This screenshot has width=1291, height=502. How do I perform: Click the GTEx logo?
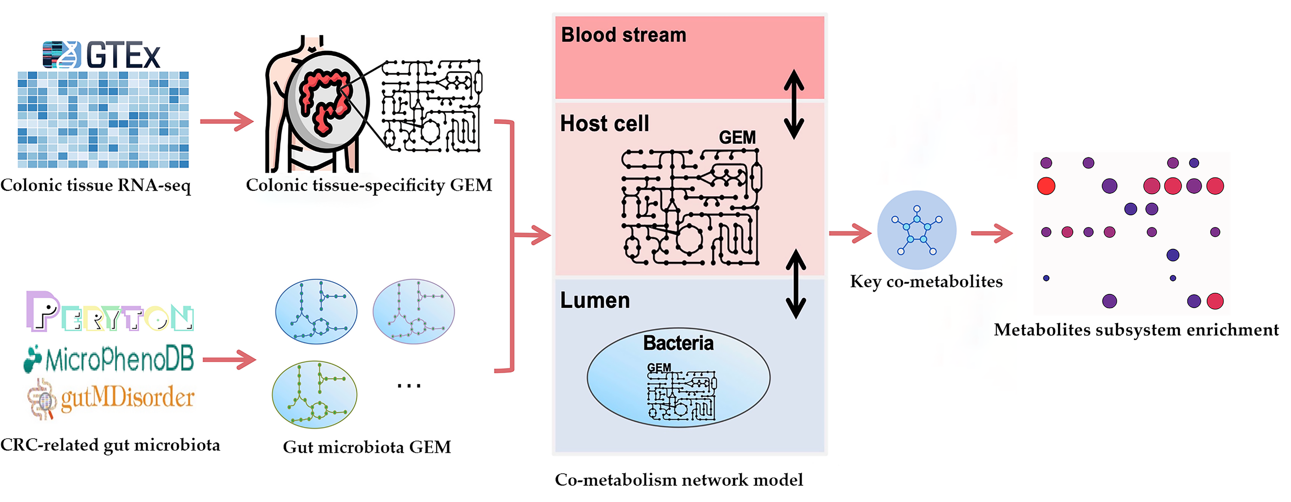coord(102,55)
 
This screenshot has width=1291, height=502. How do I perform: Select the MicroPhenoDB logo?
coord(109,359)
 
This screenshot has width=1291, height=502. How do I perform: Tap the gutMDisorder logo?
coord(111,398)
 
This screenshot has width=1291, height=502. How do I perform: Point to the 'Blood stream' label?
coord(623,35)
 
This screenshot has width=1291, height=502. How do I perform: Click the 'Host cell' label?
coord(604,123)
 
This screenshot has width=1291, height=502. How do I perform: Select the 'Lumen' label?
coord(595,300)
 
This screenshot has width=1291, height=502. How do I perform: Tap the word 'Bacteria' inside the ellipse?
coord(678,343)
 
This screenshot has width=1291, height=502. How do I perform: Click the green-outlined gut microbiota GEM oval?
coord(314,394)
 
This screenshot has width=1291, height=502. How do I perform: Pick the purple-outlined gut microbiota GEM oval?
coord(414,312)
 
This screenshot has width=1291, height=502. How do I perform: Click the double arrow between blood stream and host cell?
coord(794,104)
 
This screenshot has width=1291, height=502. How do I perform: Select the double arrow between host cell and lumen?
coord(795,284)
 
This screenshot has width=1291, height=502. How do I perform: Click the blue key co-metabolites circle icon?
coord(917,230)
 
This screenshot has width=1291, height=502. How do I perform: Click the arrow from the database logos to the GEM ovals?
coord(229,359)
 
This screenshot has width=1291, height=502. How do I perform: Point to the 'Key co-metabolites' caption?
coord(926,281)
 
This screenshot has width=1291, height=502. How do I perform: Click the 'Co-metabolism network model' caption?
coord(679,480)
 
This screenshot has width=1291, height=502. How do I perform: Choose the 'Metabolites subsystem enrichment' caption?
coord(1136,330)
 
